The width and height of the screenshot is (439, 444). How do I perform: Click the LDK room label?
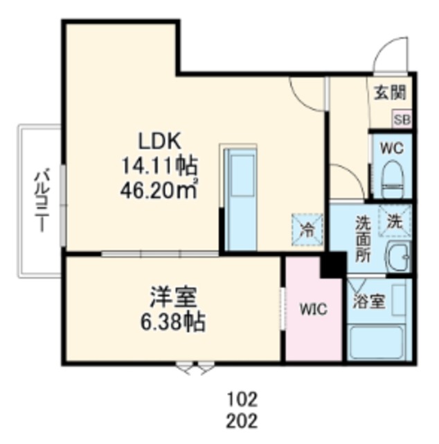(x=159, y=141)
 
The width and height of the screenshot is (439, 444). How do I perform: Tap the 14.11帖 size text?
(x=159, y=166)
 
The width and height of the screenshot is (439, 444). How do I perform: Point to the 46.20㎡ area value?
(x=159, y=189)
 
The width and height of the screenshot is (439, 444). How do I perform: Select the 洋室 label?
(x=173, y=297)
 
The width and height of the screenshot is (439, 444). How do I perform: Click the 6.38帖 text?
(x=172, y=322)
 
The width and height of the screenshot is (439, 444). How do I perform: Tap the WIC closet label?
(x=313, y=309)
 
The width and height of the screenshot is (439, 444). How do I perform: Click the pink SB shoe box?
(x=402, y=119)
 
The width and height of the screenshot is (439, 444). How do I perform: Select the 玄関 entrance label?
(x=390, y=92)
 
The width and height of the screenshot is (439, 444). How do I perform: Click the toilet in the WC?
(x=392, y=180)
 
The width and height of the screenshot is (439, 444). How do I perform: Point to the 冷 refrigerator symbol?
(x=307, y=230)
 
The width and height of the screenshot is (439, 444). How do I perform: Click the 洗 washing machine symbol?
(x=394, y=221)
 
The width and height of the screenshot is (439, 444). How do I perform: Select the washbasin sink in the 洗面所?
(x=399, y=257)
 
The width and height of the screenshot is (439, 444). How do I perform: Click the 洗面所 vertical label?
(x=363, y=239)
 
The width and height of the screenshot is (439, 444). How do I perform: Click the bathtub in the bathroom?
(x=376, y=342)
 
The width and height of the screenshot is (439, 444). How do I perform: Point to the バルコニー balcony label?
(x=42, y=200)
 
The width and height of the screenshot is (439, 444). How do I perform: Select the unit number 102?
(x=242, y=399)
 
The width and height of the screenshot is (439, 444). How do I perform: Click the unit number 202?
(x=242, y=420)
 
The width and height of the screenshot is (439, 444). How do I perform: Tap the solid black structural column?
(x=333, y=264)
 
